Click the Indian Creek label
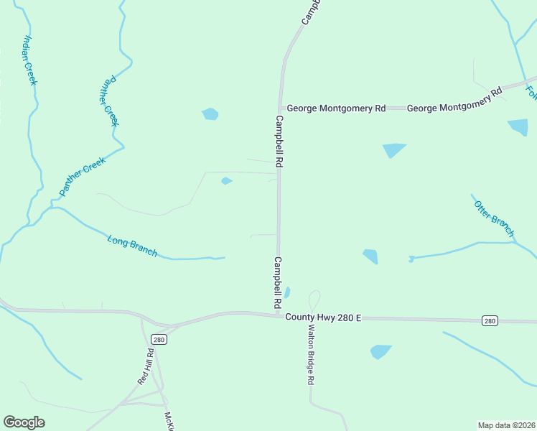click(x=29, y=60)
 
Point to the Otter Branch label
click(x=494, y=218)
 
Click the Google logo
click(x=24, y=422)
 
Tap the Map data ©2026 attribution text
click(x=507, y=425)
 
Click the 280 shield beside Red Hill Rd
click(x=159, y=340)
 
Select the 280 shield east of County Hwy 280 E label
click(x=489, y=321)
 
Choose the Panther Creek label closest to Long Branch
click(x=83, y=175)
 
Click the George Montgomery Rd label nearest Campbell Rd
click(x=336, y=108)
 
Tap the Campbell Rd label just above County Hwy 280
click(x=278, y=283)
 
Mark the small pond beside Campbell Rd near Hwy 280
click(x=287, y=292)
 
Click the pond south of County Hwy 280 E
click(x=380, y=351)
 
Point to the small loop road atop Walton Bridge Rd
click(x=314, y=301)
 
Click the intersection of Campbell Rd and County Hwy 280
click(x=279, y=315)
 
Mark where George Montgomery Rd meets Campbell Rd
click(x=280, y=108)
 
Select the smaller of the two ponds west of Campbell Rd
click(x=226, y=181)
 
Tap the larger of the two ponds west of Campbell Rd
click(x=210, y=113)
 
